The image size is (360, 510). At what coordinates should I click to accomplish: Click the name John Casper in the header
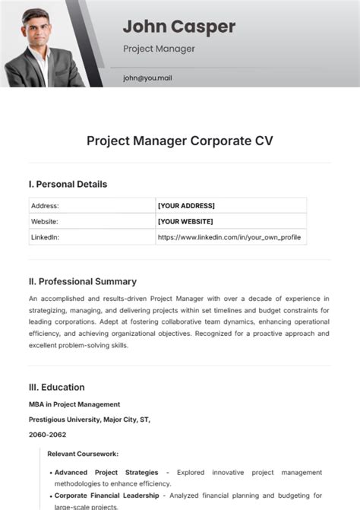pyautogui.click(x=178, y=27)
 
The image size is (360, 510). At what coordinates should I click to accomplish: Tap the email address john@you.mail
pyautogui.click(x=153, y=78)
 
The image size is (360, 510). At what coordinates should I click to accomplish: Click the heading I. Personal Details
pyautogui.click(x=68, y=184)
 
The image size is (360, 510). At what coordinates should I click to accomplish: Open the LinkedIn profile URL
pyautogui.click(x=229, y=237)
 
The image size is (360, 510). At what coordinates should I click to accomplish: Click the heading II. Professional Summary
pyautogui.click(x=82, y=281)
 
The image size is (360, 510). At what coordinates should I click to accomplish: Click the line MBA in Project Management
pyautogui.click(x=74, y=404)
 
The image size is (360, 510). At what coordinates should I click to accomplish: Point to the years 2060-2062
pyautogui.click(x=48, y=435)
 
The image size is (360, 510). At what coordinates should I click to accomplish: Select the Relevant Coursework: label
pyautogui.click(x=83, y=454)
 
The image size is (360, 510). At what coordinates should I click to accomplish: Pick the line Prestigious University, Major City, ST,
pyautogui.click(x=89, y=420)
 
